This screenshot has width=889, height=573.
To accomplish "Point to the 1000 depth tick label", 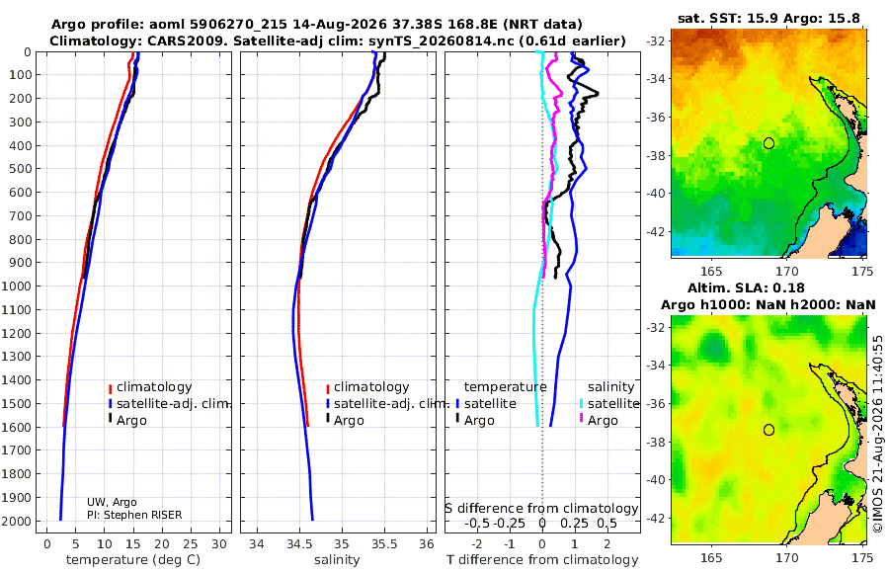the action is [17, 286].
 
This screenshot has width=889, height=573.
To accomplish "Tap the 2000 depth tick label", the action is [17, 521].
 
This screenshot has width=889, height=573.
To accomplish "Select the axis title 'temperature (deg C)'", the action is [133, 560].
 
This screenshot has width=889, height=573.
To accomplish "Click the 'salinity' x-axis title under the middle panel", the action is [337, 560].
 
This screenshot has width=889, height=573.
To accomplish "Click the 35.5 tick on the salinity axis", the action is [384, 544].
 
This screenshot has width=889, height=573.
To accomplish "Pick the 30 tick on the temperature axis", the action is [219, 544].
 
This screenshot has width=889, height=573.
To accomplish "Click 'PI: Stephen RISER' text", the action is [134, 515].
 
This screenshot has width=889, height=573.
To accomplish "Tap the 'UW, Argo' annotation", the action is [112, 502].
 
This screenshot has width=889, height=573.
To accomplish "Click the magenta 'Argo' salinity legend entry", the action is [599, 421].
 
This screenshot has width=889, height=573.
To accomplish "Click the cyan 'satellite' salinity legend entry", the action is [608, 404].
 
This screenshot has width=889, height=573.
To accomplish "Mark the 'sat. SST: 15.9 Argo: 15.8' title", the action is [768, 19].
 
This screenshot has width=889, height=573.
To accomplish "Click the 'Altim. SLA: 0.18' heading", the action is [746, 288].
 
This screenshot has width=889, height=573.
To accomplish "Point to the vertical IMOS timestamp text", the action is [878, 434].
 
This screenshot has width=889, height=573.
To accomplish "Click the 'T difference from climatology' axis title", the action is [542, 560].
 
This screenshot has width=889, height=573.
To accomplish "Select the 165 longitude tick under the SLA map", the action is [711, 558].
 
